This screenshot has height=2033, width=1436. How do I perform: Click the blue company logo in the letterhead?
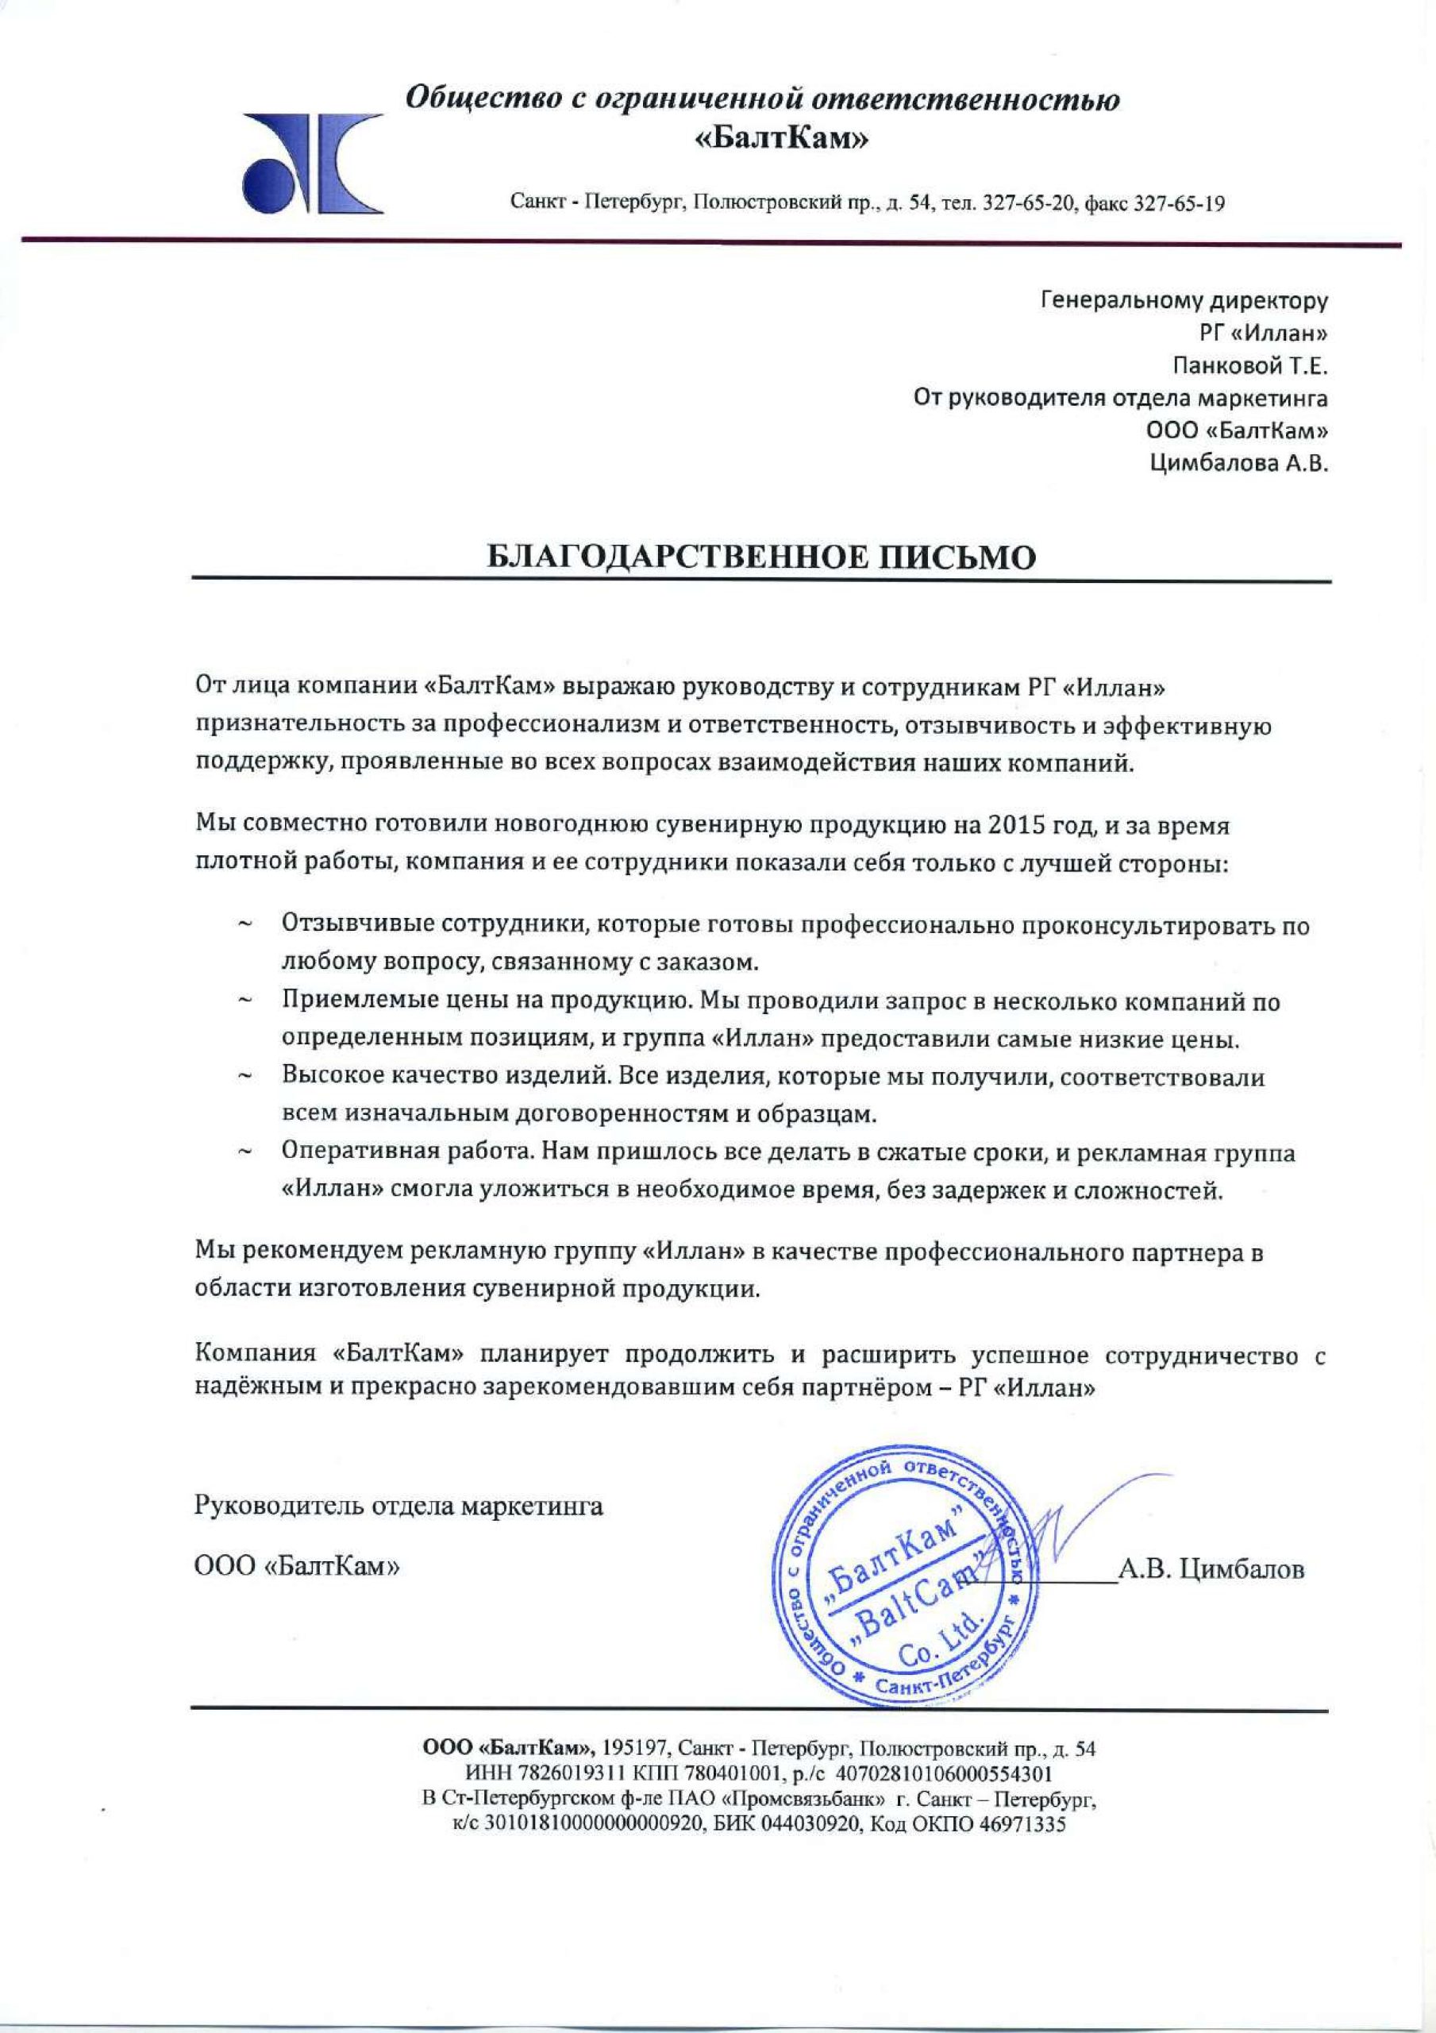click(313, 162)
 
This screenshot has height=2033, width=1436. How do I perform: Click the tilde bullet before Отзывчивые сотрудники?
click(245, 926)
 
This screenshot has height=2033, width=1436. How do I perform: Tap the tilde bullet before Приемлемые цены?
click(245, 1002)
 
